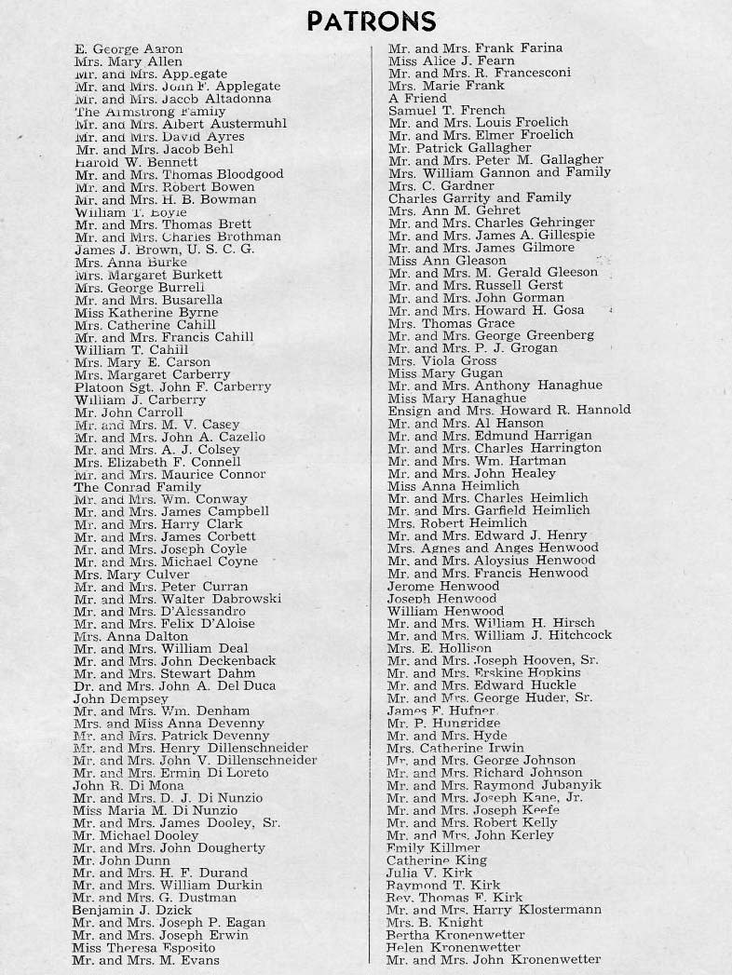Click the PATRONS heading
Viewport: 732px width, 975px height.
tap(371, 20)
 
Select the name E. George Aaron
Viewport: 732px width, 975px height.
tap(129, 48)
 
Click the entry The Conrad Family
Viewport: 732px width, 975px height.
tap(137, 486)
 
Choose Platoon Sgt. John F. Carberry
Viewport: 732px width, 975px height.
tap(172, 386)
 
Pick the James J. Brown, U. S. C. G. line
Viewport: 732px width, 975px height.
tap(163, 249)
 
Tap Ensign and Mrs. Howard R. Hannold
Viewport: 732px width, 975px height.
tap(508, 410)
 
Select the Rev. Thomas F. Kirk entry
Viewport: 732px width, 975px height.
tap(441, 897)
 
